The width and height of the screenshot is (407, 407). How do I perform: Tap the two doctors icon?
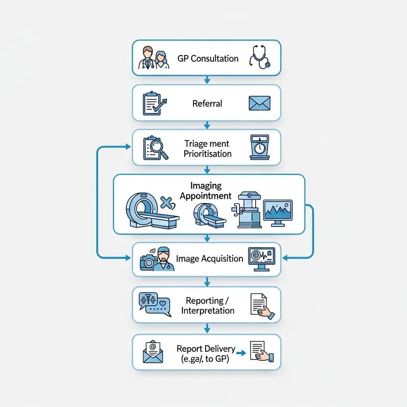coord(153,58)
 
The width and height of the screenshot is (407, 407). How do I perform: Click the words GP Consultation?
coord(208,58)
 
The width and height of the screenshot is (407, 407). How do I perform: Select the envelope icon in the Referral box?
coord(260,103)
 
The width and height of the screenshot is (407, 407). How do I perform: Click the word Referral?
coord(207,103)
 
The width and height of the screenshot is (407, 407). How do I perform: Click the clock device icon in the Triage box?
coord(259,147)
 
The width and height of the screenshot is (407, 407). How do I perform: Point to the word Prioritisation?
coord(207,153)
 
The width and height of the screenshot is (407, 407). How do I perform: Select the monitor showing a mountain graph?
coord(277,213)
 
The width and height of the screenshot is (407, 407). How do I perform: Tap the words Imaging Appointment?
coord(205,191)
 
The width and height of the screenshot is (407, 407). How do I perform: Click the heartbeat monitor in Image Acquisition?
coord(262,259)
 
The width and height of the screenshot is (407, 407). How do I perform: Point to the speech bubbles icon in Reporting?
coord(154,304)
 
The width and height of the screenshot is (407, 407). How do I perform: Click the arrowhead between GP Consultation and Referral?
coord(207,81)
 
